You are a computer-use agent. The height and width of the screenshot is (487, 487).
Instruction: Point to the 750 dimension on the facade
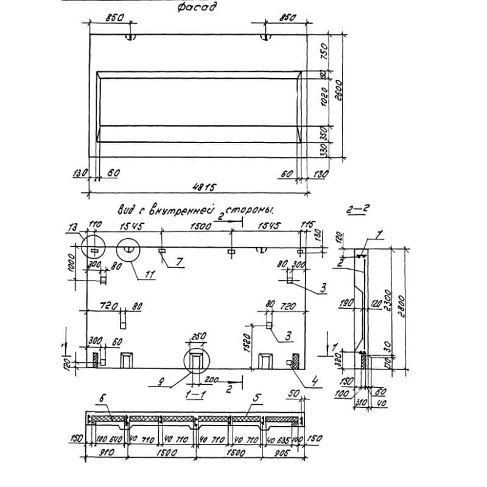(x=324, y=49)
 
